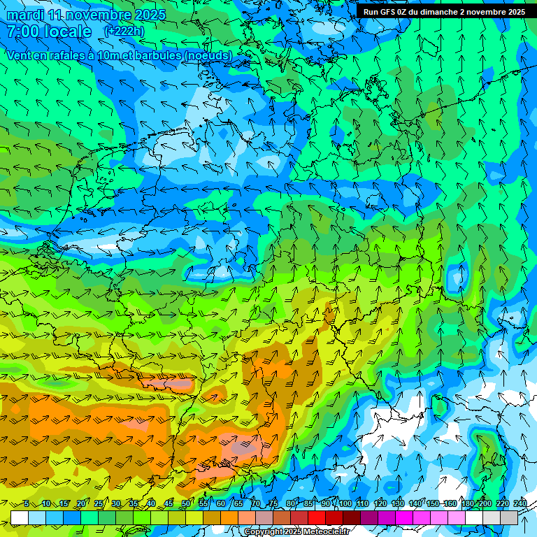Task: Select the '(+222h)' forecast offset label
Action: (124, 31)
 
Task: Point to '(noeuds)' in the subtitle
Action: (206, 55)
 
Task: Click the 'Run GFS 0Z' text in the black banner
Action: (387, 12)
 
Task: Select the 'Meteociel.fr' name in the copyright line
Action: (324, 532)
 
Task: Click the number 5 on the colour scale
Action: (27, 504)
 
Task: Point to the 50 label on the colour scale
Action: (186, 504)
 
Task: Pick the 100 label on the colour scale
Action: (345, 504)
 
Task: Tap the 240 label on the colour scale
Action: (520, 504)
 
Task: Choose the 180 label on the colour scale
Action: (467, 504)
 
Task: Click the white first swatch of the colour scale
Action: (20, 517)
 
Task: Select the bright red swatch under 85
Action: (317, 517)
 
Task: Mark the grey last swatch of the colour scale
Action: (509, 517)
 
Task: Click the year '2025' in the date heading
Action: (147, 15)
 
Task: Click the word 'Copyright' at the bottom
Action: (264, 532)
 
